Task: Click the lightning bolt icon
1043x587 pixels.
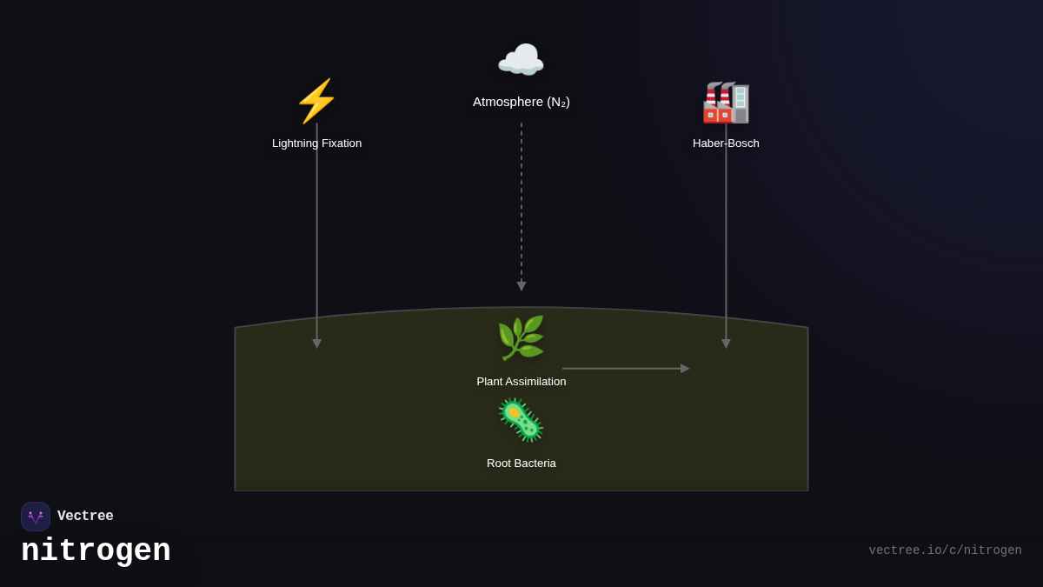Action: (316, 101)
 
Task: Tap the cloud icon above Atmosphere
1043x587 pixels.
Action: (521, 61)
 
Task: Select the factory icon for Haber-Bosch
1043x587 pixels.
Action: (726, 103)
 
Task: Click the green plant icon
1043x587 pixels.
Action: (521, 338)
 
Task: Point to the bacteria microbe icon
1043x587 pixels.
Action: (521, 420)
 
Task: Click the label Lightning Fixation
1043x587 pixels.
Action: (316, 143)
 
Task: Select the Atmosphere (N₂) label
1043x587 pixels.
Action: (521, 102)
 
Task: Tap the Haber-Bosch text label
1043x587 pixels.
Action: (726, 143)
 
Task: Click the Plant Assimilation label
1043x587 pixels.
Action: (521, 382)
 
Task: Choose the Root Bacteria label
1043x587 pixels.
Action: (521, 464)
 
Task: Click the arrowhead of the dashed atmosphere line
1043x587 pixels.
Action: (521, 286)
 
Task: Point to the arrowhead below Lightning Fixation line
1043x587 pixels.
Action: (316, 344)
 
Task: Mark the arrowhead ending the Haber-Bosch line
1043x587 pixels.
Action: (726, 344)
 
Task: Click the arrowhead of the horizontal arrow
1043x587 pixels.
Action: (685, 369)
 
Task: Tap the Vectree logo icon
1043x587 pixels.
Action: (36, 517)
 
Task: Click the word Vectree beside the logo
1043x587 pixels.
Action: (85, 517)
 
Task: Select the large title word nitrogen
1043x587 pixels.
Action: (96, 551)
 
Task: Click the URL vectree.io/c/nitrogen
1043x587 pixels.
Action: (945, 550)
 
